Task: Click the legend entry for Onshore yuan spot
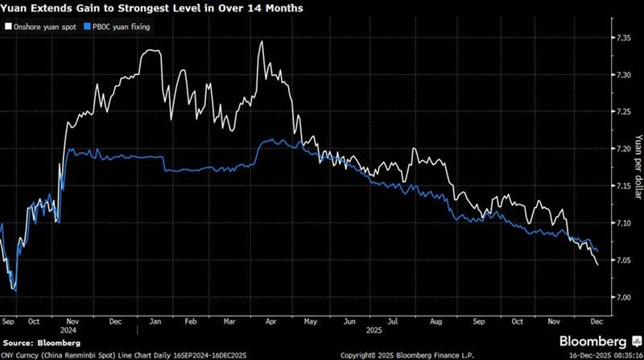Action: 46,27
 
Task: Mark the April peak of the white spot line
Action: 262,41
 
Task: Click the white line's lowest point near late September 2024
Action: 16,291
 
